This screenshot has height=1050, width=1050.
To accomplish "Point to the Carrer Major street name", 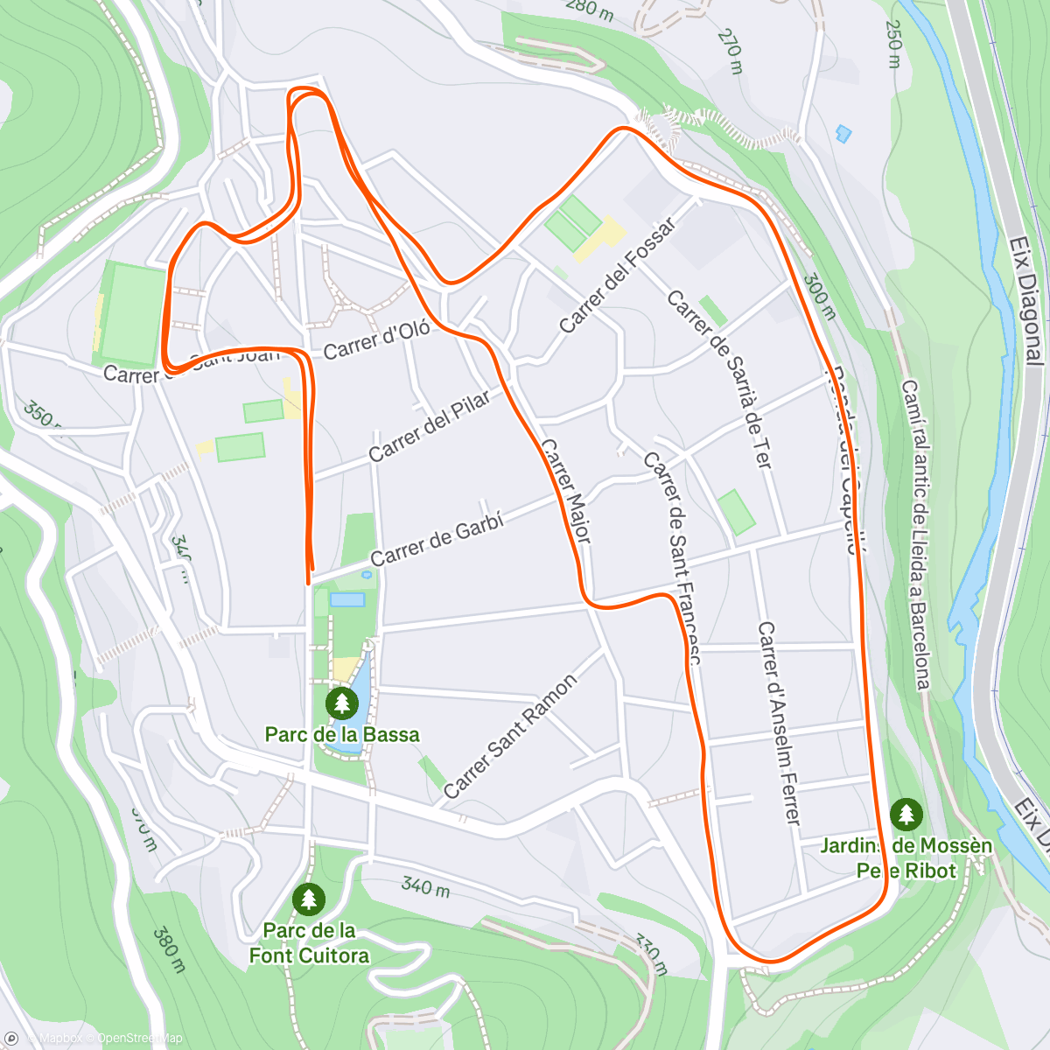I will coord(565,490).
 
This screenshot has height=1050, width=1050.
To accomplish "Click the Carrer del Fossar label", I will coord(617,276).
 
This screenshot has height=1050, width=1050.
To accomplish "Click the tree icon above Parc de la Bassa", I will coord(341,702).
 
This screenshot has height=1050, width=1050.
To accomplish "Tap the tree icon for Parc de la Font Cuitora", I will coord(308,899).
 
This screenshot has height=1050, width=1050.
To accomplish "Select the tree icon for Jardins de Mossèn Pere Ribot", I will coord(906,815).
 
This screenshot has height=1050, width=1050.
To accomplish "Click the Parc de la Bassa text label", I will coord(342,734).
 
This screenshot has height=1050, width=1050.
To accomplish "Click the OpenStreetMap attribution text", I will coord(139,1039).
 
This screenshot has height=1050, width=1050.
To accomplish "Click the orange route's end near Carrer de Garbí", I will coord(309,582).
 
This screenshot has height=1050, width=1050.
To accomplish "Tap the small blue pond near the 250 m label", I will coord(843,134).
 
